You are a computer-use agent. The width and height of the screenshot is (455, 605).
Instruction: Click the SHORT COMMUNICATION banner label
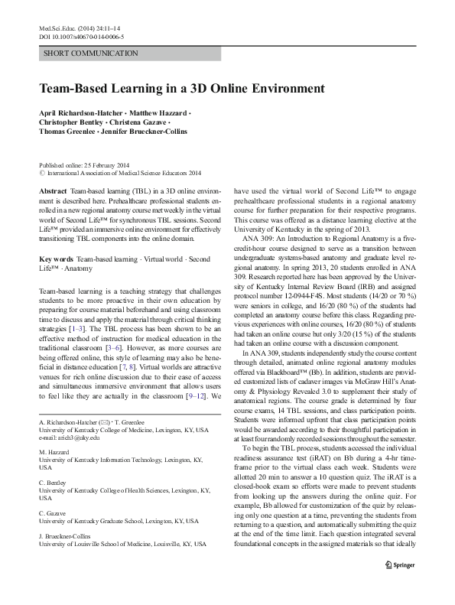click(x=91, y=54)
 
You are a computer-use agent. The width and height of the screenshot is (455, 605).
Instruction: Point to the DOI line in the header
click(x=80, y=36)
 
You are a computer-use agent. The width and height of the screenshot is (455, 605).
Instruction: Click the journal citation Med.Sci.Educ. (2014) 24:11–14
click(x=80, y=27)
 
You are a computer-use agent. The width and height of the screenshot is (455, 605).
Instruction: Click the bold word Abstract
click(x=51, y=188)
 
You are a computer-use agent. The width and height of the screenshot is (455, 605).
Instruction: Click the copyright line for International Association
click(x=124, y=173)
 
